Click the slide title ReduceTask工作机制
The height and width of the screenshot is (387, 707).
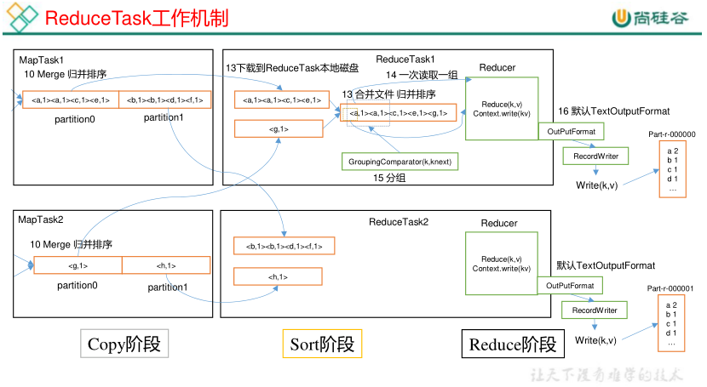click(x=136, y=18)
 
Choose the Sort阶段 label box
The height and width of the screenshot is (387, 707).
click(x=322, y=344)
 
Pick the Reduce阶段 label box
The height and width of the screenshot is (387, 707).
click(x=512, y=344)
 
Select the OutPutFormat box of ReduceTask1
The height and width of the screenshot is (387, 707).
click(x=572, y=131)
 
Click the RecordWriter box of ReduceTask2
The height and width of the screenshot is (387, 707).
click(x=594, y=310)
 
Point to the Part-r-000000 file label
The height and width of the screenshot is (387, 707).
click(x=671, y=134)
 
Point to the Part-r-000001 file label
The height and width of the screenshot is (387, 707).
click(x=670, y=288)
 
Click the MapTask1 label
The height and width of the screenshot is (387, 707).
click(x=42, y=60)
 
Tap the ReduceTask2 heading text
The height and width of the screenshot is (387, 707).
click(x=399, y=222)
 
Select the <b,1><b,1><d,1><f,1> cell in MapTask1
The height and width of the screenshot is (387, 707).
click(x=164, y=100)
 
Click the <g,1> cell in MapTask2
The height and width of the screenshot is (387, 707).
click(x=78, y=265)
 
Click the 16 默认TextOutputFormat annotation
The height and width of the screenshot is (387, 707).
click(x=614, y=111)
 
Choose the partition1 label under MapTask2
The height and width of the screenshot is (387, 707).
click(x=167, y=287)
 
